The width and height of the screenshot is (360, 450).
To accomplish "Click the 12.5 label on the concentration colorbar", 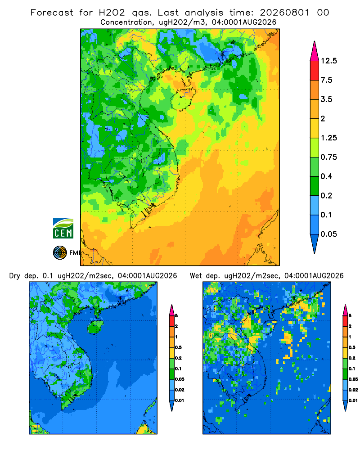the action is coord(328,61).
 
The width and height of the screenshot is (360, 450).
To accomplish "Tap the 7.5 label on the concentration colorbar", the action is coord(326,80).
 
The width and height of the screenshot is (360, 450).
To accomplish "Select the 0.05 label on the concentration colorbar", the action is coord(328,234).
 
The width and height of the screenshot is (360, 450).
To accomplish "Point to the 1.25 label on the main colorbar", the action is coord(328,138).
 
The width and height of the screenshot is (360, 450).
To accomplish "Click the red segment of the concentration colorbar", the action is coord(315,71).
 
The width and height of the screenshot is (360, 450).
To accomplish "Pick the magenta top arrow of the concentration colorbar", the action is coord(315,52).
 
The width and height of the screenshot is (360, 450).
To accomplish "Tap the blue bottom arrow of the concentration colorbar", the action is coord(315,243).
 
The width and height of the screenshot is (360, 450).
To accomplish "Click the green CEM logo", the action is coord(63,229).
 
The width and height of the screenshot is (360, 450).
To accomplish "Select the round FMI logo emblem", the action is coord(60,253).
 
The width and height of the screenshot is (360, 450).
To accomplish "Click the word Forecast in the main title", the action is coord(52,13).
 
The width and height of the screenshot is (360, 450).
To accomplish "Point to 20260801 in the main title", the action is coord(284,13).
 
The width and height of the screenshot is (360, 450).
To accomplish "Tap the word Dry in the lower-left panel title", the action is coord(15,276).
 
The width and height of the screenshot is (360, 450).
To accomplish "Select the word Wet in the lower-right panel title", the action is coord(196,276).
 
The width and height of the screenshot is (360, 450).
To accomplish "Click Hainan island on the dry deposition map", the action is coord(95,327).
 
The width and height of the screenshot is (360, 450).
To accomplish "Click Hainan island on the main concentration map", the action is coord(183,99).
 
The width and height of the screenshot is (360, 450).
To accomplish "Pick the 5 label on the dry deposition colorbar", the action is coord(176,316).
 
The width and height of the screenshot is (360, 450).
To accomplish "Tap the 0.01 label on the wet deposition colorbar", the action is coord(353,400).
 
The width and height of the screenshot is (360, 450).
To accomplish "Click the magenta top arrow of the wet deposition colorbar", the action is coord(345,310).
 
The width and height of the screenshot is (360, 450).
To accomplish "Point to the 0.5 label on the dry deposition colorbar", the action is coord(178,347).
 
